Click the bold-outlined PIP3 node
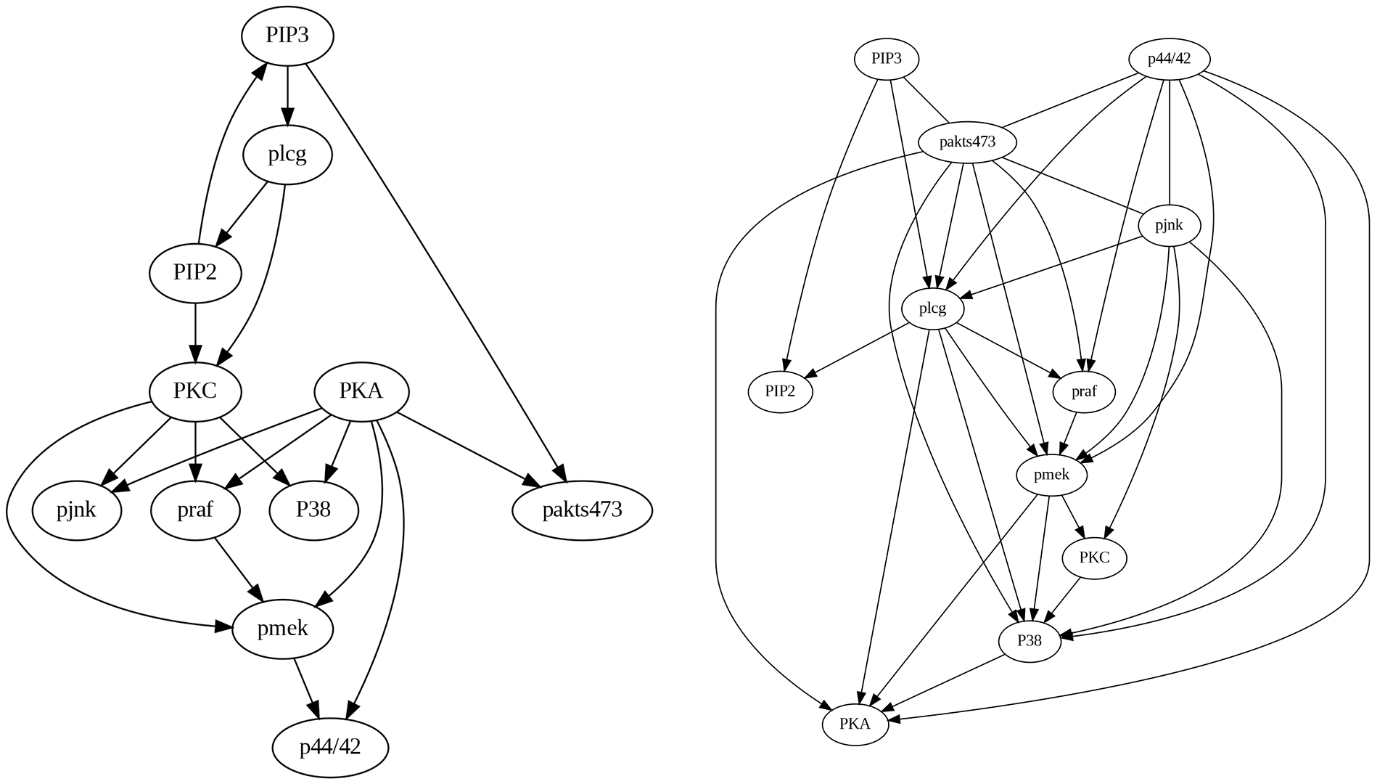coord(287,36)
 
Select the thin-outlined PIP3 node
coord(887,59)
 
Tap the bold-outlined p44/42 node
coord(330,748)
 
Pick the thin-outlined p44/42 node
coord(1169,59)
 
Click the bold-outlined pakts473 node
coord(582,510)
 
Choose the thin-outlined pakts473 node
coord(967,142)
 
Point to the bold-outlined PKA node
coord(361,392)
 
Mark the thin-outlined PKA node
coord(855,724)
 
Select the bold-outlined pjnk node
coord(76,510)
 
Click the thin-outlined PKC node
coord(1094,558)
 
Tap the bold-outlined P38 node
coord(313,510)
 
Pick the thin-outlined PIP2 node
coord(780,392)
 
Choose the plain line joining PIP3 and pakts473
coord(926,101)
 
